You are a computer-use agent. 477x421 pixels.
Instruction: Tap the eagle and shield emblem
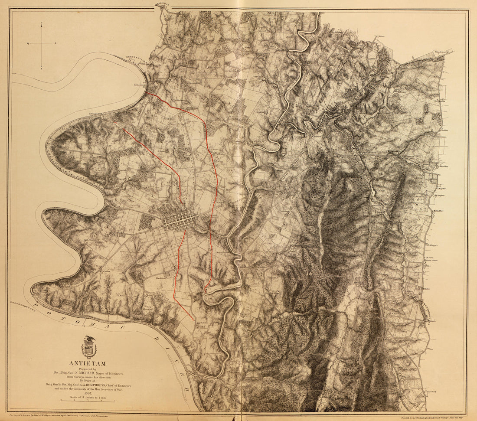tap(89, 346)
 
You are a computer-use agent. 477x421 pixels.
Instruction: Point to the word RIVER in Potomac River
tap(179, 373)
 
